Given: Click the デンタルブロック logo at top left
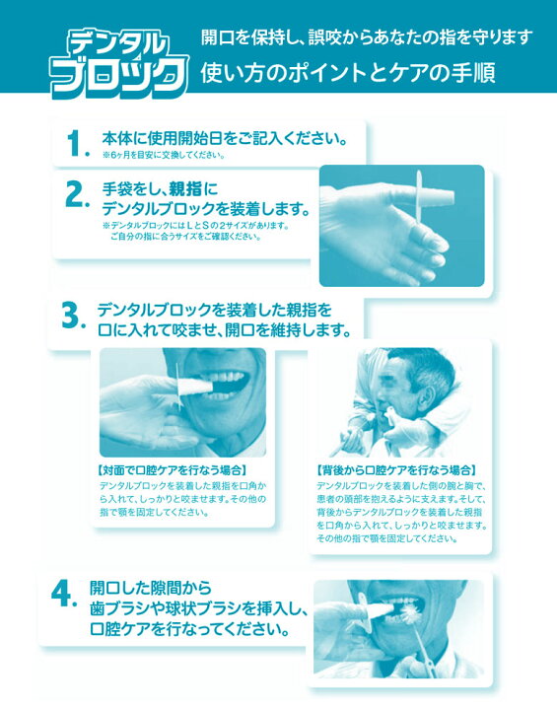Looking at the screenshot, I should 117,57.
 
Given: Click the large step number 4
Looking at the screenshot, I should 64,594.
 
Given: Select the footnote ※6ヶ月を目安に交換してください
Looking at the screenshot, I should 164,155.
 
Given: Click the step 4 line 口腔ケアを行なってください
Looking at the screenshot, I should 188,628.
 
